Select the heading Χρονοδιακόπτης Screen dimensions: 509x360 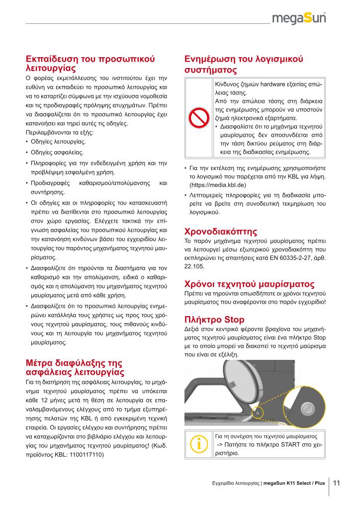[220, 231]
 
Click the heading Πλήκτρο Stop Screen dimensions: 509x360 [214, 319]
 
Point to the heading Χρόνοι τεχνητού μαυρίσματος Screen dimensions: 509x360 [249, 284]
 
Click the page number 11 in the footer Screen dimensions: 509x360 [336, 482]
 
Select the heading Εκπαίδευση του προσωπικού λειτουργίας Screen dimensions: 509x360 [90, 63]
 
